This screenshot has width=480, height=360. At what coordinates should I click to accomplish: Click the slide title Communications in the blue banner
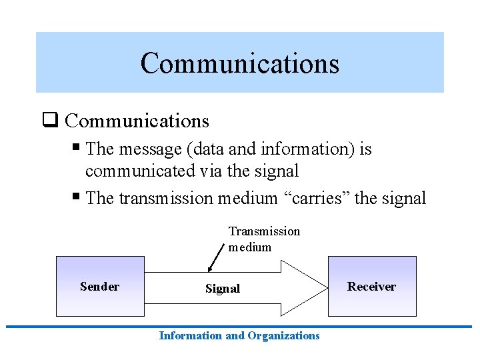pyautogui.click(x=239, y=63)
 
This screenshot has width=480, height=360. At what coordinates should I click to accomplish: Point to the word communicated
pyautogui.click(x=140, y=171)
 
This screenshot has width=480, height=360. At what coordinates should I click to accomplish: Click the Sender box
pyautogui.click(x=99, y=287)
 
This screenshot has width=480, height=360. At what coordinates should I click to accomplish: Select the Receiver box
pyautogui.click(x=371, y=287)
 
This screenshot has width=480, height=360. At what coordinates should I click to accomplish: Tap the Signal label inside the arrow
pyautogui.click(x=222, y=289)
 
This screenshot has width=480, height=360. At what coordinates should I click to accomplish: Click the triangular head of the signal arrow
pyautogui.click(x=304, y=287)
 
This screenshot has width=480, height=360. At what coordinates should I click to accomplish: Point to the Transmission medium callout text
pyautogui.click(x=264, y=239)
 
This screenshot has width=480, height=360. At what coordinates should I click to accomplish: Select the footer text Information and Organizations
pyautogui.click(x=239, y=336)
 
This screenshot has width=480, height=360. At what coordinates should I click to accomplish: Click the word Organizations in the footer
pyautogui.click(x=283, y=336)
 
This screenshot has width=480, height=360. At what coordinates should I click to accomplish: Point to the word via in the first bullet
pyautogui.click(x=211, y=171)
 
